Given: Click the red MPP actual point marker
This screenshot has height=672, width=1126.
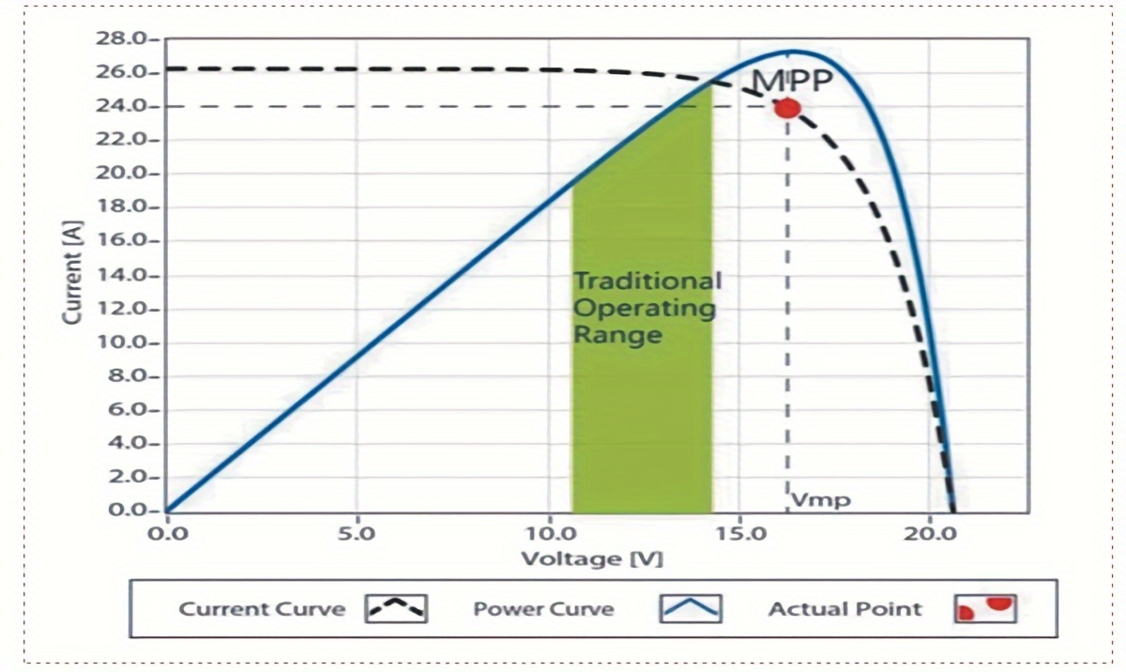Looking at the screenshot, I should (x=787, y=108).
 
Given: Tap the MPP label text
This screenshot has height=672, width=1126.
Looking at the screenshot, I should (x=793, y=82).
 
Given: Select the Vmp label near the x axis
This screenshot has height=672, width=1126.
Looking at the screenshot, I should (x=820, y=499).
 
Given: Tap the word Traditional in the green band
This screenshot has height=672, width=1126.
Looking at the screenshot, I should (x=647, y=281).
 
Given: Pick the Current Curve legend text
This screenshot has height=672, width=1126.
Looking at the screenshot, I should (x=262, y=609).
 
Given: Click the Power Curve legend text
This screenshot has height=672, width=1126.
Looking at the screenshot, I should (x=542, y=609).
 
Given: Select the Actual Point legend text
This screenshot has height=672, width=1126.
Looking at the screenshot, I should (x=844, y=609).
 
